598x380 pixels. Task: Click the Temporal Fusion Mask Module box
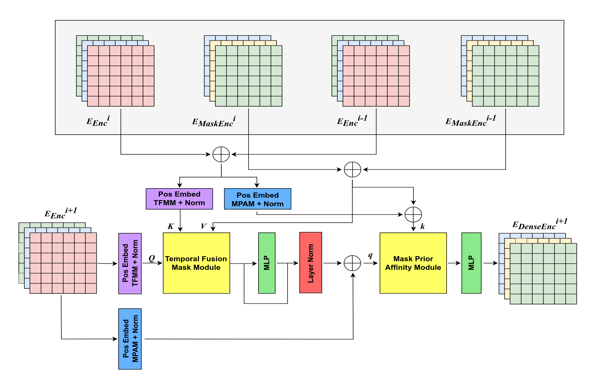[196, 263]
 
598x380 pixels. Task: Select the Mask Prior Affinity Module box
[413, 263]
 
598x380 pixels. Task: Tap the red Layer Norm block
[310, 263]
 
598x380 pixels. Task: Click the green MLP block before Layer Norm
[267, 263]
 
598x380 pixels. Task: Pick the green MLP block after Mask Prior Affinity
[471, 263]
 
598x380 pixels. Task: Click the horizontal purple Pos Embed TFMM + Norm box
[179, 199]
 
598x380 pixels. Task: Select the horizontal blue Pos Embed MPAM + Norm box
[257, 199]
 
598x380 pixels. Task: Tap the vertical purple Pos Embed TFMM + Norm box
[130, 263]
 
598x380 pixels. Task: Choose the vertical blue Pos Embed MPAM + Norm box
[130, 339]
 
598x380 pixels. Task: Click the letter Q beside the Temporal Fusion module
[152, 258]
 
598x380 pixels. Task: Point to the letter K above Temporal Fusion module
[171, 226]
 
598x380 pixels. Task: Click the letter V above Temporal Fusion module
[204, 226]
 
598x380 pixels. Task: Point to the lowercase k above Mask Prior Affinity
[422, 226]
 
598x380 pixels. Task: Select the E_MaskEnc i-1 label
[471, 121]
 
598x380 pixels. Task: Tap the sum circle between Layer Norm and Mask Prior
[352, 263]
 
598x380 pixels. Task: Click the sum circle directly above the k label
[413, 215]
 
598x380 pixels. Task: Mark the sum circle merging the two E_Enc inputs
[221, 154]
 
